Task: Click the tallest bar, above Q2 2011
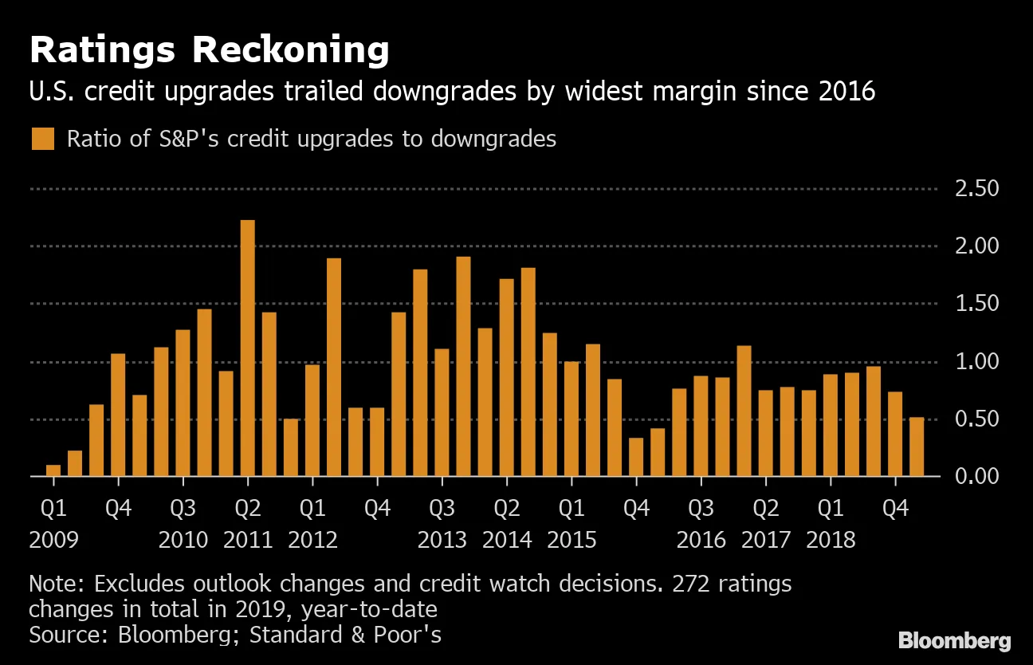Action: (x=248, y=348)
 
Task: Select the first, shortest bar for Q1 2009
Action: (x=53, y=470)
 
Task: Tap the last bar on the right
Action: (x=917, y=447)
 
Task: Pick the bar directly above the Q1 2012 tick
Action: (x=312, y=420)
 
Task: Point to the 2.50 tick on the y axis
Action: (x=976, y=189)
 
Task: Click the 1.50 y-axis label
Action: (x=976, y=304)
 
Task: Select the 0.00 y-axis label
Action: (x=976, y=476)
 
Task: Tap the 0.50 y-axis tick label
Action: (x=976, y=419)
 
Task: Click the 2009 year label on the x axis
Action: (x=53, y=540)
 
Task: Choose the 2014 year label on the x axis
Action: (x=507, y=540)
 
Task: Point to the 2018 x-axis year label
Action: (x=831, y=540)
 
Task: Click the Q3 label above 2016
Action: (x=701, y=508)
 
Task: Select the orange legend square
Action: (x=43, y=139)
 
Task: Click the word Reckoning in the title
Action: (x=290, y=51)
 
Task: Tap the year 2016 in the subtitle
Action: (x=847, y=92)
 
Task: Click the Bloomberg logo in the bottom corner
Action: (x=954, y=640)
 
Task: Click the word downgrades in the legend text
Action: (x=493, y=139)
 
